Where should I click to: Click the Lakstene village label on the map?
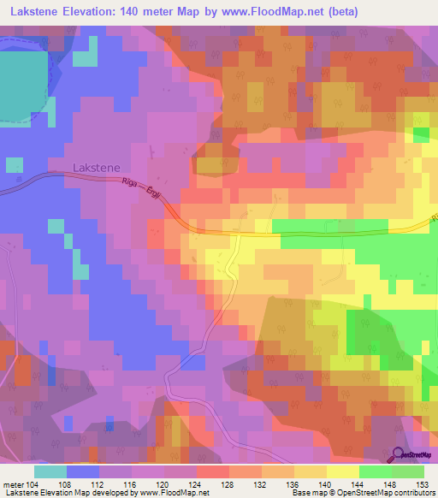(96, 169)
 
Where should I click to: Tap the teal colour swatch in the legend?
(50, 471)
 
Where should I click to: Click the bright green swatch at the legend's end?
(408, 471)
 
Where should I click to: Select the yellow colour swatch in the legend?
(342, 471)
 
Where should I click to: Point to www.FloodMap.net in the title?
(264, 12)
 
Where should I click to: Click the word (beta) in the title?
(339, 12)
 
